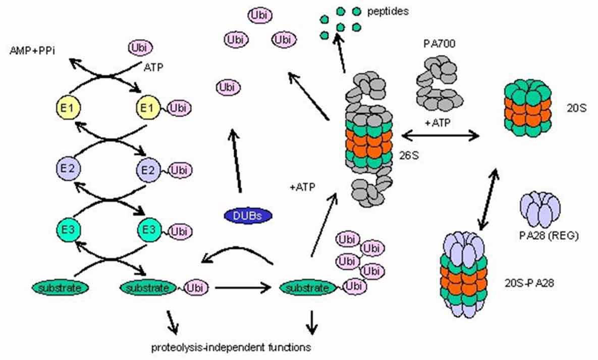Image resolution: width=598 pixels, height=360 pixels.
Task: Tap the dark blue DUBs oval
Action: point(248,216)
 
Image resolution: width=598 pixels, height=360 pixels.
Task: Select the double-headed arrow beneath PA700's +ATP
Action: point(440,135)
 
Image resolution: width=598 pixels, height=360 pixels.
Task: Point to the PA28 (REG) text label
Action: point(541,236)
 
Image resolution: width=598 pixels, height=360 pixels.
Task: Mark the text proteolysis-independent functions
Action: point(231,347)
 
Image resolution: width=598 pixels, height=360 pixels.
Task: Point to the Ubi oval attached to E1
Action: point(180,108)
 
